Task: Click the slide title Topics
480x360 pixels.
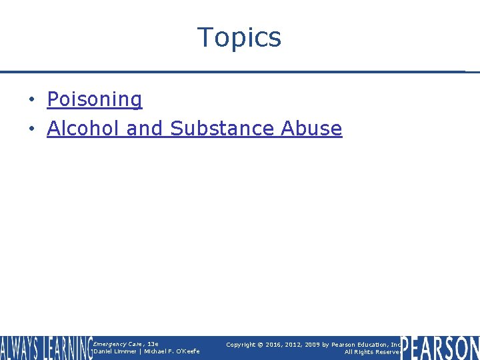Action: pyautogui.click(x=239, y=37)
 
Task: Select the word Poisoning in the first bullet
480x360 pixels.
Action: pyautogui.click(x=94, y=99)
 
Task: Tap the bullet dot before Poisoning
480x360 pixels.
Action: pyautogui.click(x=31, y=100)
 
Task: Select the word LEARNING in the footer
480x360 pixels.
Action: pyautogui.click(x=67, y=348)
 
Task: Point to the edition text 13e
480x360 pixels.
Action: pyautogui.click(x=152, y=344)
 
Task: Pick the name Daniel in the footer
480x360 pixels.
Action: pyautogui.click(x=105, y=351)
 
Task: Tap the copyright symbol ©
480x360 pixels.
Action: pyautogui.click(x=261, y=345)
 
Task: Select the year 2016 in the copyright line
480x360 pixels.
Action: pyautogui.click(x=273, y=345)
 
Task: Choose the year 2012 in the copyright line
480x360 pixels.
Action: pyautogui.click(x=294, y=345)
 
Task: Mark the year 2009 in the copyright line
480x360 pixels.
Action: pyautogui.click(x=314, y=345)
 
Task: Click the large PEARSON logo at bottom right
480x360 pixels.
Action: pyautogui.click(x=440, y=348)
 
